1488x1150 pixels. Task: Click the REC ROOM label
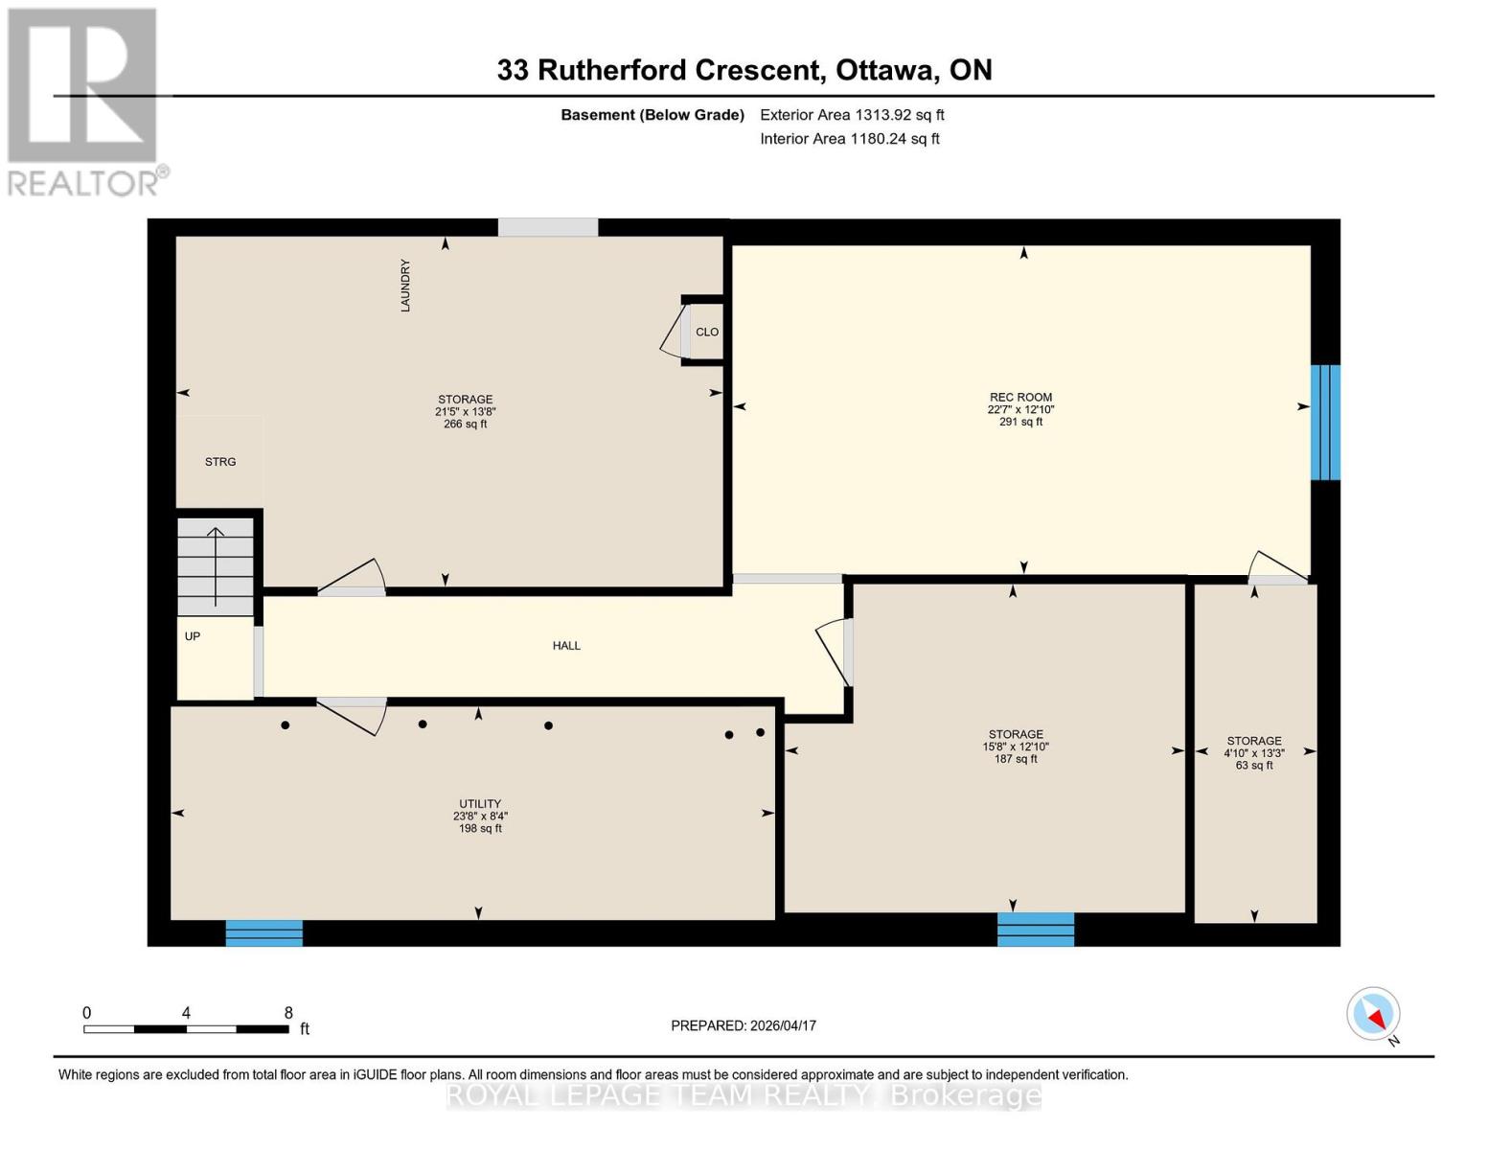click(1020, 397)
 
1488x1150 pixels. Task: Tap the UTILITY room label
click(479, 804)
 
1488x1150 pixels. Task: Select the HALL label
click(566, 646)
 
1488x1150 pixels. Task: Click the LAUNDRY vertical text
click(405, 286)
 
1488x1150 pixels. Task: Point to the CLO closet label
click(707, 332)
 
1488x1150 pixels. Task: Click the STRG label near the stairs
click(220, 462)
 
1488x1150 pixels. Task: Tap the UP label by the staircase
click(193, 636)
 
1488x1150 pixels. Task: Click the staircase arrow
click(216, 565)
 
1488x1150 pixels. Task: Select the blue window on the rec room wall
click(1325, 422)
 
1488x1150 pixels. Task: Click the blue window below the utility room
click(264, 932)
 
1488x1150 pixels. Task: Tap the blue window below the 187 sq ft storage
click(1036, 929)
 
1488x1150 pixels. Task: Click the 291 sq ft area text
click(1020, 422)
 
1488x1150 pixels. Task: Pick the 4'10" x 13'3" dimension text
click(1254, 753)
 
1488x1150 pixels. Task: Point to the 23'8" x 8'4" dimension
click(480, 816)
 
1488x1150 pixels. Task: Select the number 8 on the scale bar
click(288, 1013)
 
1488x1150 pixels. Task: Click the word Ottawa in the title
click(886, 70)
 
